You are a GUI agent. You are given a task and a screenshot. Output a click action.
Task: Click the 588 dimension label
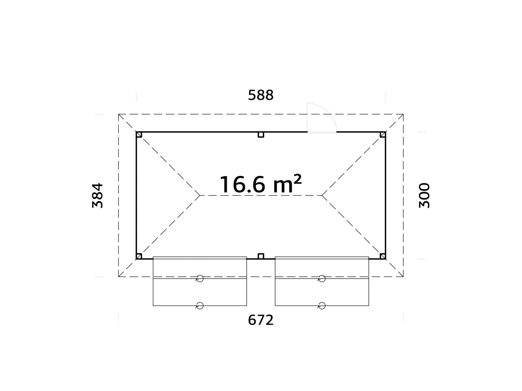coord(261,95)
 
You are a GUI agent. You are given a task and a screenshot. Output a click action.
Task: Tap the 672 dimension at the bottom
coord(261,320)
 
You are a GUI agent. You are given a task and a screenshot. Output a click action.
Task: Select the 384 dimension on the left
coord(98,195)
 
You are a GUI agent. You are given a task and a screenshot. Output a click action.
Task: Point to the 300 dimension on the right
coord(424,195)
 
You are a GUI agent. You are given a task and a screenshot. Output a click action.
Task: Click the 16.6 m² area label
coord(260,184)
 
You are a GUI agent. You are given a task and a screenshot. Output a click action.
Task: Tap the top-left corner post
coord(139,135)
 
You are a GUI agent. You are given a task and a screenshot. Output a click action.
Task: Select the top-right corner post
coord(383,135)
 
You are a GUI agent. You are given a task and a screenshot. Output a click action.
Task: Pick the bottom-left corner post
coord(139,256)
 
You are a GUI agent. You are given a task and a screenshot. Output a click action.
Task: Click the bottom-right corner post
coord(383,256)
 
